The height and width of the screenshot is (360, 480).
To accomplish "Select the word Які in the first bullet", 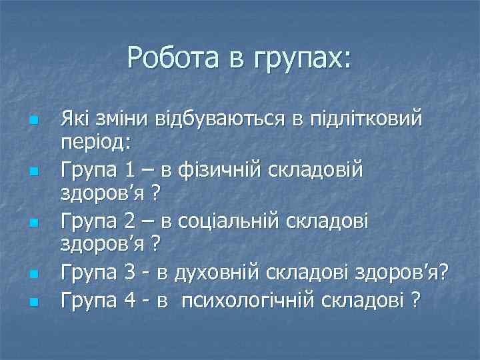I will [75, 120].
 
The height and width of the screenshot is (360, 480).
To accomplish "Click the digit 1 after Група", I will [131, 171].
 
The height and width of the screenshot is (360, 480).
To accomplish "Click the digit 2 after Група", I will [131, 221].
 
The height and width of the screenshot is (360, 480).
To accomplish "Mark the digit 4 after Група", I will [131, 301].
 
